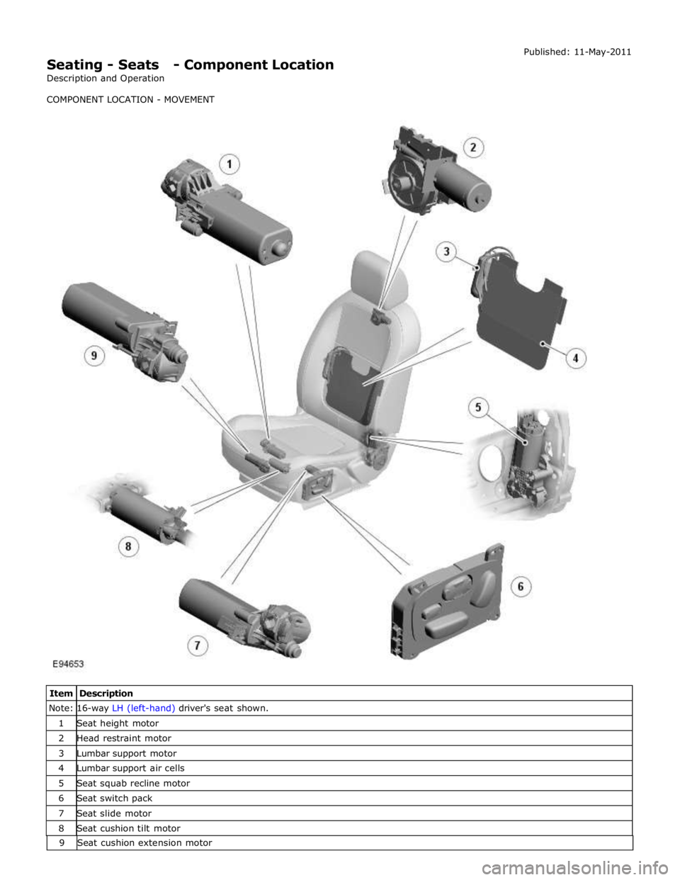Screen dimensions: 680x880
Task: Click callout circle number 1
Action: coord(229,165)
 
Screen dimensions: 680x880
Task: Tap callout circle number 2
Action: coord(473,147)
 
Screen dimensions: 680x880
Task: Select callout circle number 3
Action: coord(446,252)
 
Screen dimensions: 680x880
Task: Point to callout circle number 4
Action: coord(575,358)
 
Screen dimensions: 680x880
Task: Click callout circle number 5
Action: coord(478,407)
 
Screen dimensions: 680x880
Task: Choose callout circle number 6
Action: coord(521,587)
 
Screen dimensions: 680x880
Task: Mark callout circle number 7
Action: coord(197,645)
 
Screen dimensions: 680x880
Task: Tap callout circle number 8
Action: coord(128,547)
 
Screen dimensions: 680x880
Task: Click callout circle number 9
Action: coord(94,356)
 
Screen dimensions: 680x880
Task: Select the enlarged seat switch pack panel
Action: coord(447,602)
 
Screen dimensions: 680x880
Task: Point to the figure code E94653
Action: coord(68,664)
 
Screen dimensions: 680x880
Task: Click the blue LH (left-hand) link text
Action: coord(143,709)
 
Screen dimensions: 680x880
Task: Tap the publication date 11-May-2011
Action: coord(603,52)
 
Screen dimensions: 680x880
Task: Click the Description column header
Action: coord(106,694)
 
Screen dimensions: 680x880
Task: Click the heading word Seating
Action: coord(75,64)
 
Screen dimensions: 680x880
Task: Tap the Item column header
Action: coord(61,694)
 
